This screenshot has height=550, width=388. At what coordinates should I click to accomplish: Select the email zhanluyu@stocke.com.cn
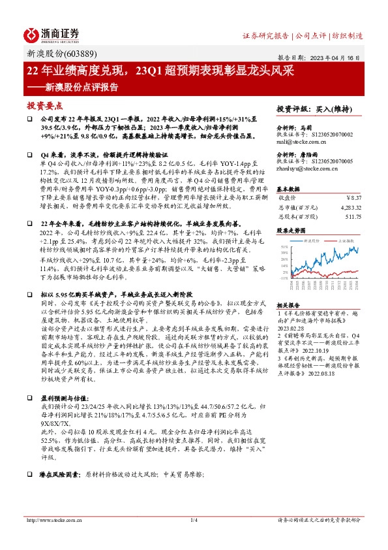pos(306,169)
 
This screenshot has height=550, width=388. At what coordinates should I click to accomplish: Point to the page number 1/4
pos(194,520)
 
